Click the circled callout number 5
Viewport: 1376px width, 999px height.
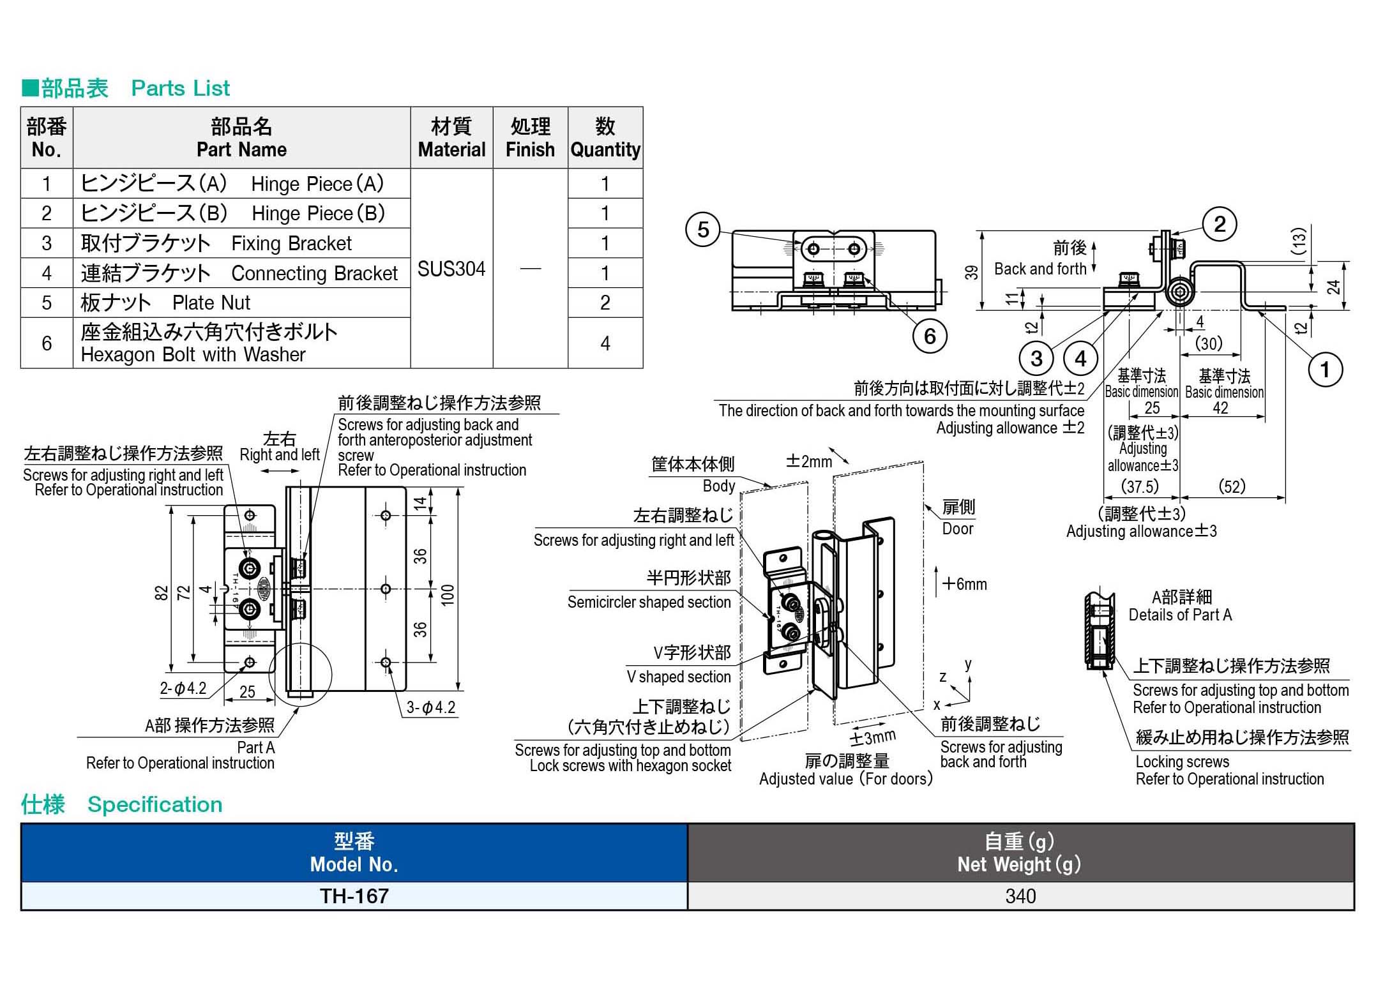pos(703,230)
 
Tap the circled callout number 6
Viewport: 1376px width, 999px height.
pos(929,336)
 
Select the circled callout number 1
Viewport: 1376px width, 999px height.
pos(1325,370)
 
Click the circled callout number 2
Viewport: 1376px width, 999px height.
pos(1220,224)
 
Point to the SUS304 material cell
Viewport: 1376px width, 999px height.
pos(451,269)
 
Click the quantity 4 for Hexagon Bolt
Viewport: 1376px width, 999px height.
pos(605,343)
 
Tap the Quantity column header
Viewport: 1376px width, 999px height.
pos(605,138)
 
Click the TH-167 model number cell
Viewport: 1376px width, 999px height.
pos(354,896)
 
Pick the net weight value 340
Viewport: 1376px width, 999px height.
pos(1020,896)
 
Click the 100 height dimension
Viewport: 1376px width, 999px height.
pos(448,594)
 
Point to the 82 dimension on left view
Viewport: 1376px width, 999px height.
pos(162,593)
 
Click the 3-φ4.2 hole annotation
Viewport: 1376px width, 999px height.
pos(430,707)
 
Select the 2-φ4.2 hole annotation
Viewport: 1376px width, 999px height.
pos(183,688)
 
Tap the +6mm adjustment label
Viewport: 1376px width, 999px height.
pos(964,584)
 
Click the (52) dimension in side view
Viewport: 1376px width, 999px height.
pos(1232,486)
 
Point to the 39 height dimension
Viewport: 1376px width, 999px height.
pos(971,273)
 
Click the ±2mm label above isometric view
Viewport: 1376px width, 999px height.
pos(809,462)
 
